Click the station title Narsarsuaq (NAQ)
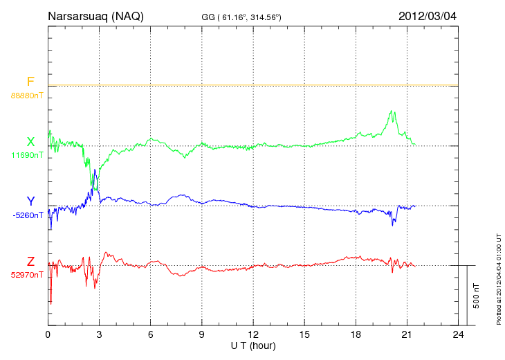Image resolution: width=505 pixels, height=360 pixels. coord(95,16)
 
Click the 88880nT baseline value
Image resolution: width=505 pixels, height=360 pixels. coord(27,95)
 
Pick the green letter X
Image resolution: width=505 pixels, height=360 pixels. coord(30,142)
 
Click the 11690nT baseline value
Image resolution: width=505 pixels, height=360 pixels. coord(27,155)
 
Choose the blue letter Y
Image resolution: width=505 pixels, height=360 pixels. coord(30,201)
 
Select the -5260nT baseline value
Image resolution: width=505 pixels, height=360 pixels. coord(27,215)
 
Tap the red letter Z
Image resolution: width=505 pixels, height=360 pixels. coord(30,262)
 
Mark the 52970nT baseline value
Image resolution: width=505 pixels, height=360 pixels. coord(27,274)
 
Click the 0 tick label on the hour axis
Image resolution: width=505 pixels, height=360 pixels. coord(48,335)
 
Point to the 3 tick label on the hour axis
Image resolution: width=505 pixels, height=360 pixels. coord(100,335)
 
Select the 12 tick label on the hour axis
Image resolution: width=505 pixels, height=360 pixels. coord(253,335)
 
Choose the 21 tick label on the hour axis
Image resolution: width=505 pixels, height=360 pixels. coord(407,335)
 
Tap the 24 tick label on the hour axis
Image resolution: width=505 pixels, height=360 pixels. coord(458,335)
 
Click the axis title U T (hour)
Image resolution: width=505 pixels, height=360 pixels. coord(253,345)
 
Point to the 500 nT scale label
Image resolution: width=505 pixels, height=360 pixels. coord(477,296)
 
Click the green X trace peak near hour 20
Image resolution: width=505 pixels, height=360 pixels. coord(392,111)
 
